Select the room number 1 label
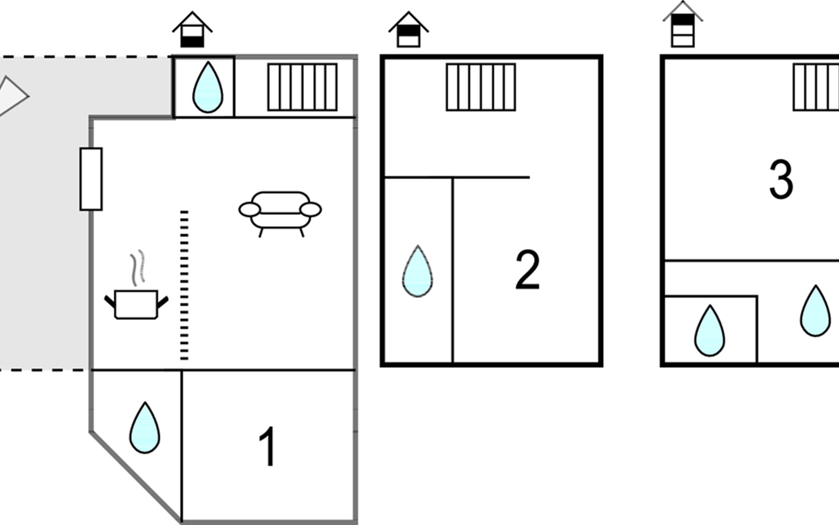267,447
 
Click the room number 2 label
527,269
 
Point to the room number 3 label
781,179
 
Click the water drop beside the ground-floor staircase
208,87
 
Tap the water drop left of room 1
145,427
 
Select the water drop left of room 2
418,271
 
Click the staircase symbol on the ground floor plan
302,87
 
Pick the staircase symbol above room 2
481,87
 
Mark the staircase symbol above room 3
816,87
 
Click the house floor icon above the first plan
192,30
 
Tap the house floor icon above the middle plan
409,30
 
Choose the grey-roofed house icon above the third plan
683,24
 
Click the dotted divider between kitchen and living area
184,285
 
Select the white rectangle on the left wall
91,179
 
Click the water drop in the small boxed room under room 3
710,331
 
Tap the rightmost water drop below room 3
815,311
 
